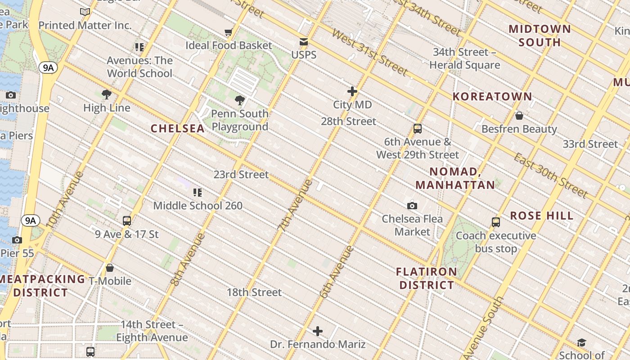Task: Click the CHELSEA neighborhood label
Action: pos(177,129)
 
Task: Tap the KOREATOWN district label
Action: pos(492,96)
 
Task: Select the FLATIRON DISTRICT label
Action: pos(427,279)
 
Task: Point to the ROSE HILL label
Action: pos(542,216)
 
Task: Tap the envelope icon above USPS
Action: pos(304,42)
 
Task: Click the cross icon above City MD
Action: pos(352,91)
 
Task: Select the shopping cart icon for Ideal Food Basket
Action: pos(229,32)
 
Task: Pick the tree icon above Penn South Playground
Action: pos(240,100)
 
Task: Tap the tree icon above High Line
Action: pos(107,94)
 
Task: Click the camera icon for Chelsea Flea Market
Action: pos(412,206)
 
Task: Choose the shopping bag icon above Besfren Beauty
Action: pos(519,116)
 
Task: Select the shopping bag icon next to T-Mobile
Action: pos(109,268)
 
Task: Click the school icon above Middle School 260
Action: pos(197,193)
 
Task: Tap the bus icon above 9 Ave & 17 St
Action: pos(127,220)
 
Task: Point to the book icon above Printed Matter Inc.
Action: pos(85,12)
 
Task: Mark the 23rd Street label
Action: pos(241,175)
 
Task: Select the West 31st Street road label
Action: pos(370,53)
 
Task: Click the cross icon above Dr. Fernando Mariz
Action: pos(318,331)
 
